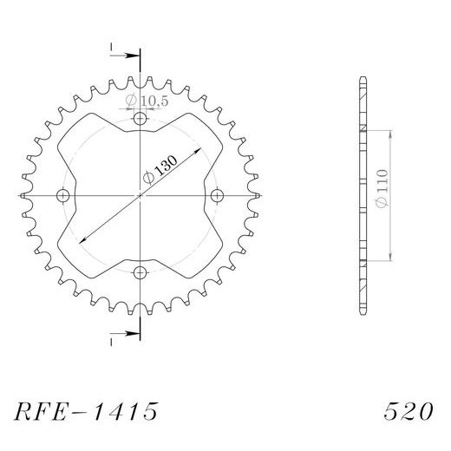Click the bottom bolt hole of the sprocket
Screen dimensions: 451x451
point(140,273)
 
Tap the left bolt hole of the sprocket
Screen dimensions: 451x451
point(62,196)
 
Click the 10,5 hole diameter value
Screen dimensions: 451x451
point(153,101)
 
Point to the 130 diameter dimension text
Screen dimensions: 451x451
point(163,164)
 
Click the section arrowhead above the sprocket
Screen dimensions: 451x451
point(134,56)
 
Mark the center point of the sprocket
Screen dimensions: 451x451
point(140,196)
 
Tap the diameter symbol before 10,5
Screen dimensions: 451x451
point(129,101)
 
